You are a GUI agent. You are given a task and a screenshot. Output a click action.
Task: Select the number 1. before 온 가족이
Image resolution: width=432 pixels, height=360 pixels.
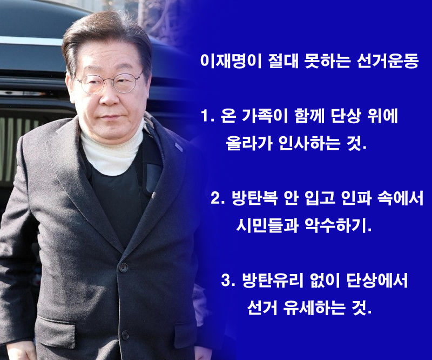pos(207,116)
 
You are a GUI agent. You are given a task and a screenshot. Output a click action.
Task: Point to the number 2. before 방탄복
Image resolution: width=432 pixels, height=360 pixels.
pos(218,198)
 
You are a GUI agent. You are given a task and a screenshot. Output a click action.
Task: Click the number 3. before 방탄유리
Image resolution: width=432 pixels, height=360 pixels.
pos(228,280)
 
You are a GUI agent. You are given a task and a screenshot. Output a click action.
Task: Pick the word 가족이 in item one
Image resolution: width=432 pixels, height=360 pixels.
pos(265,116)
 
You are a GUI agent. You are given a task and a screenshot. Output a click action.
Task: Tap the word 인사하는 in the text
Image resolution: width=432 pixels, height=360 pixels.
pos(309,143)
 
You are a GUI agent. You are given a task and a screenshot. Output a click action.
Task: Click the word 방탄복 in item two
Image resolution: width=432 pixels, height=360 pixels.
pos(254,198)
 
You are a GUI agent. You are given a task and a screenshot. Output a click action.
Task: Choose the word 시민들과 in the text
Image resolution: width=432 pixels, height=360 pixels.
pos(267,225)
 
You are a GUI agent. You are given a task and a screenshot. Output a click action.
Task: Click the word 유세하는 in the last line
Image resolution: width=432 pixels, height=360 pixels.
pos(314,308)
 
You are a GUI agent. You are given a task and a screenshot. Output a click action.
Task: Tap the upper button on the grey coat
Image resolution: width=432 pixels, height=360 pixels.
pos(123,266)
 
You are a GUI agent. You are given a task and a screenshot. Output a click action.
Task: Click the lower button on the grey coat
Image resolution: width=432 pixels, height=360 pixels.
pos(125,335)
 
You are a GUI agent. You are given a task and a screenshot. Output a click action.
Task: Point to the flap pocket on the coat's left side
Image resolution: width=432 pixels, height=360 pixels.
pos(56,331)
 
